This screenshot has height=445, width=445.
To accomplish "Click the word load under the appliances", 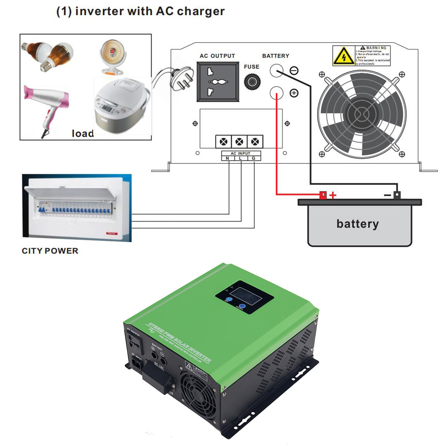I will (83, 133).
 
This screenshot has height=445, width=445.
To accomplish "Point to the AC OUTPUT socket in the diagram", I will (218, 82).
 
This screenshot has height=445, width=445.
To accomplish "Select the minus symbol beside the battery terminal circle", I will (294, 70).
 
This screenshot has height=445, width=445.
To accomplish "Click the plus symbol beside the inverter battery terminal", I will (294, 93).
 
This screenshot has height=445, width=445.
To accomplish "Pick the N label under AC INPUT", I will (227, 158).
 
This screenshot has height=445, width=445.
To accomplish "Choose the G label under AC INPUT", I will (254, 158).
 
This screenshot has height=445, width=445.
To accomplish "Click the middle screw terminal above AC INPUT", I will (239, 142).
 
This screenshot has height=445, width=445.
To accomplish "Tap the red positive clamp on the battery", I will (323, 195).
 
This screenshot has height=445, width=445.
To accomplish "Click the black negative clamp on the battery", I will (397, 195).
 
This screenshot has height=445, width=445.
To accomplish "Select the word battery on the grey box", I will (357, 224).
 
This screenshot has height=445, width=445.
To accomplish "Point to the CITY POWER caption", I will (50, 251).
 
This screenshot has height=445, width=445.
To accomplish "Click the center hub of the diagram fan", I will (362, 114).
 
